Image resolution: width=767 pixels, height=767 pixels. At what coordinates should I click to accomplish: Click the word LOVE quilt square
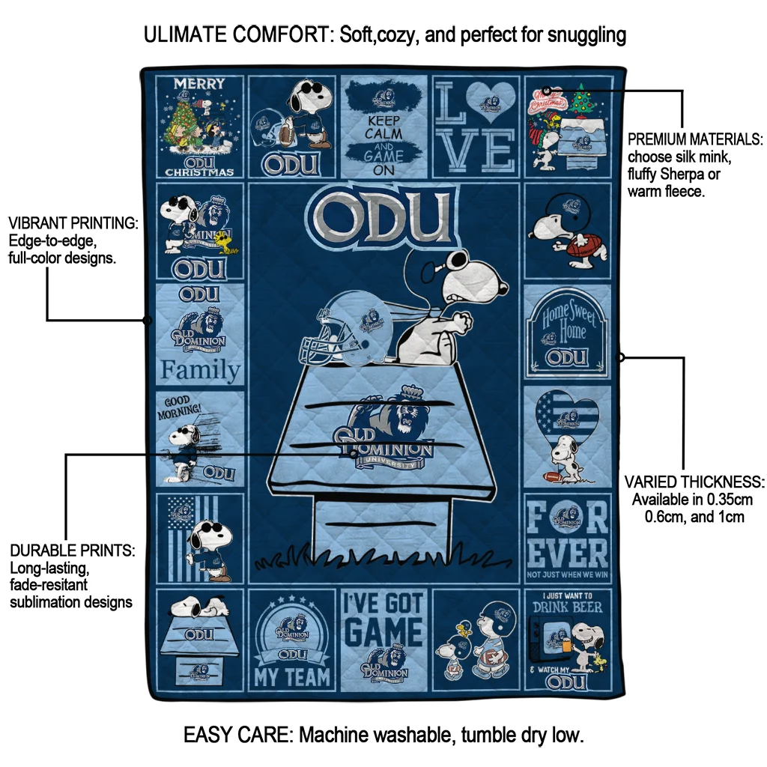tap(476, 126)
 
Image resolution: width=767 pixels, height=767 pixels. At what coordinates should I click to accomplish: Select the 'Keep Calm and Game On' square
tap(383, 126)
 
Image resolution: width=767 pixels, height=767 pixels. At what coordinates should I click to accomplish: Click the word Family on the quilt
tap(200, 370)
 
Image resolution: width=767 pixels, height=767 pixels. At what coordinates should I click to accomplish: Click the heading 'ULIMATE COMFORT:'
tap(238, 34)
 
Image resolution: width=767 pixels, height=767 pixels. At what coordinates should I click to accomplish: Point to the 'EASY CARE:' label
tap(238, 735)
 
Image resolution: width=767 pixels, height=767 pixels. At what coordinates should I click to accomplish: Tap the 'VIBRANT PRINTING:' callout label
tap(73, 224)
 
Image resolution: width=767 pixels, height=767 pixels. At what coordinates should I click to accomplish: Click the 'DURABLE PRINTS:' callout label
tap(72, 551)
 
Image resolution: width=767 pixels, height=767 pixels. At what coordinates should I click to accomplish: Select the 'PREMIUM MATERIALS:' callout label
tap(695, 139)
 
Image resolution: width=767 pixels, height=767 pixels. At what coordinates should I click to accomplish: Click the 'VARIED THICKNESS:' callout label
tap(694, 482)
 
